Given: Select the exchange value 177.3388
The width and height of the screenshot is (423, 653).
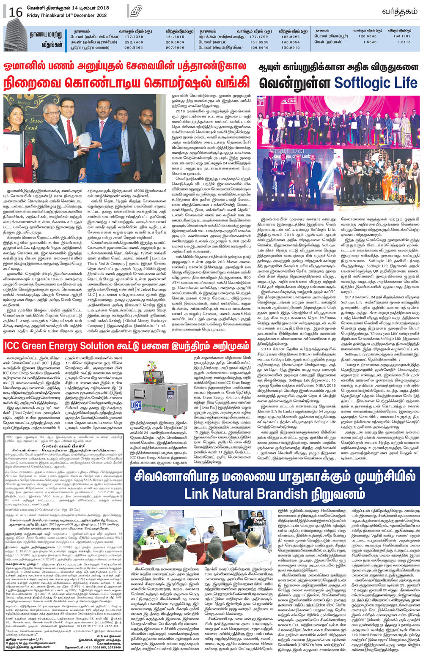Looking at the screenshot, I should [134, 37].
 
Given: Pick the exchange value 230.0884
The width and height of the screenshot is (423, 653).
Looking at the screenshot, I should [175, 42].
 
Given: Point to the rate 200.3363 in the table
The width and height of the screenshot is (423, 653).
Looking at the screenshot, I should [134, 48].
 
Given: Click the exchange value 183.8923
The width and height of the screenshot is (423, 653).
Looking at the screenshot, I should [291, 37].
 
